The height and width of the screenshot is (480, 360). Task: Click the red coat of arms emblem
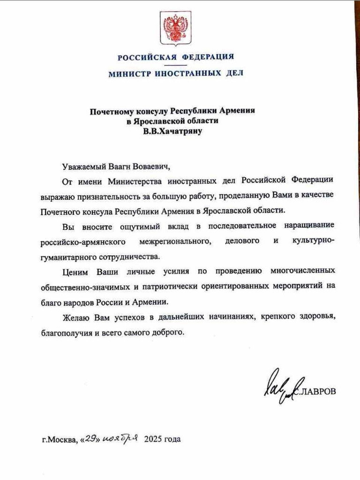pyautogui.click(x=176, y=30)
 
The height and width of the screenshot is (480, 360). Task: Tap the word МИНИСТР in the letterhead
pyautogui.click(x=130, y=74)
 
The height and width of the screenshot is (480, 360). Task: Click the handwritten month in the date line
pyautogui.click(x=119, y=439)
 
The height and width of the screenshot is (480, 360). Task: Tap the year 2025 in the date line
pyautogui.click(x=153, y=440)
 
